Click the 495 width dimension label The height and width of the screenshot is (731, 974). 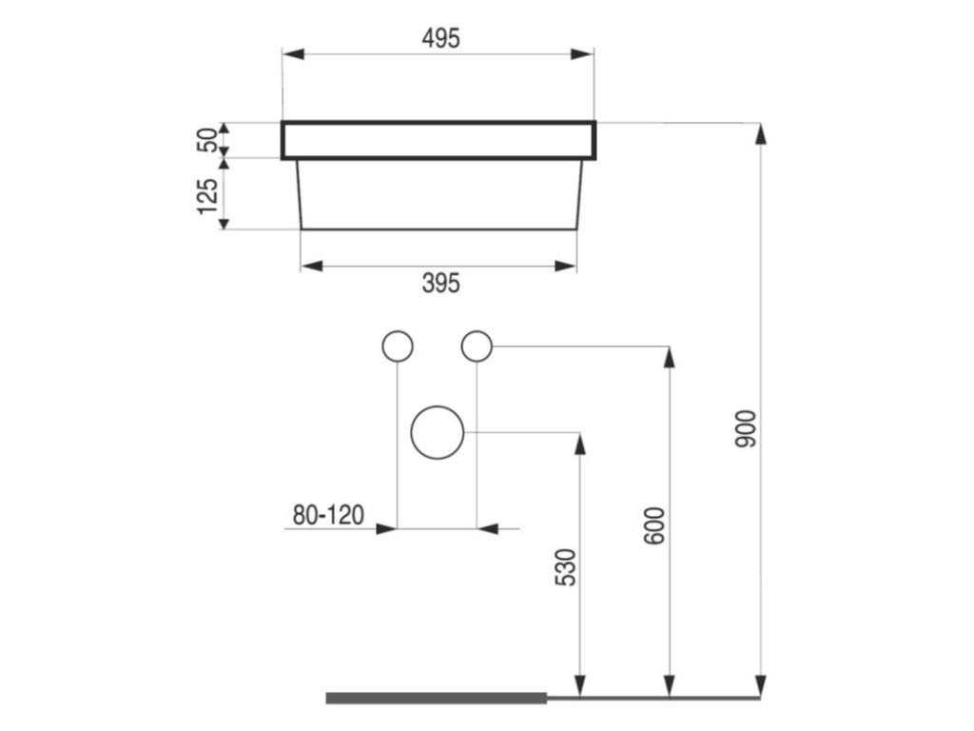coord(439,38)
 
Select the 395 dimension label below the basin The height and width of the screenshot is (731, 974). coord(439,283)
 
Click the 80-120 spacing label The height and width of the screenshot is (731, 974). coord(328,516)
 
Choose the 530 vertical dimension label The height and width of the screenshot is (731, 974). coord(565,566)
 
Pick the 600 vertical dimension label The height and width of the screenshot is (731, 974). coord(654,525)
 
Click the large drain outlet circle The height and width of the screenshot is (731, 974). coord(437,432)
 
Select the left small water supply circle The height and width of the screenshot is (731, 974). coord(397,346)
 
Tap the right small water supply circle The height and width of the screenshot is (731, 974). coord(477,346)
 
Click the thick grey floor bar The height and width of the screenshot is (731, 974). coord(437,698)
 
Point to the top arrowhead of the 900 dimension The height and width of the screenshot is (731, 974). coord(760,134)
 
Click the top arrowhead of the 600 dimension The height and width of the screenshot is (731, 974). coord(670,358)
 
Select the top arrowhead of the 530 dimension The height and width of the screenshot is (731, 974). coord(579,444)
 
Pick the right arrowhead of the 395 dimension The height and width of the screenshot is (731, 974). coord(565,266)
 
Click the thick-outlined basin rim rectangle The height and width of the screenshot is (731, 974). coord(438,140)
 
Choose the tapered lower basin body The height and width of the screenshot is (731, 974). coord(438,194)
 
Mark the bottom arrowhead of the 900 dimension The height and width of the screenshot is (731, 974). coord(760,685)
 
